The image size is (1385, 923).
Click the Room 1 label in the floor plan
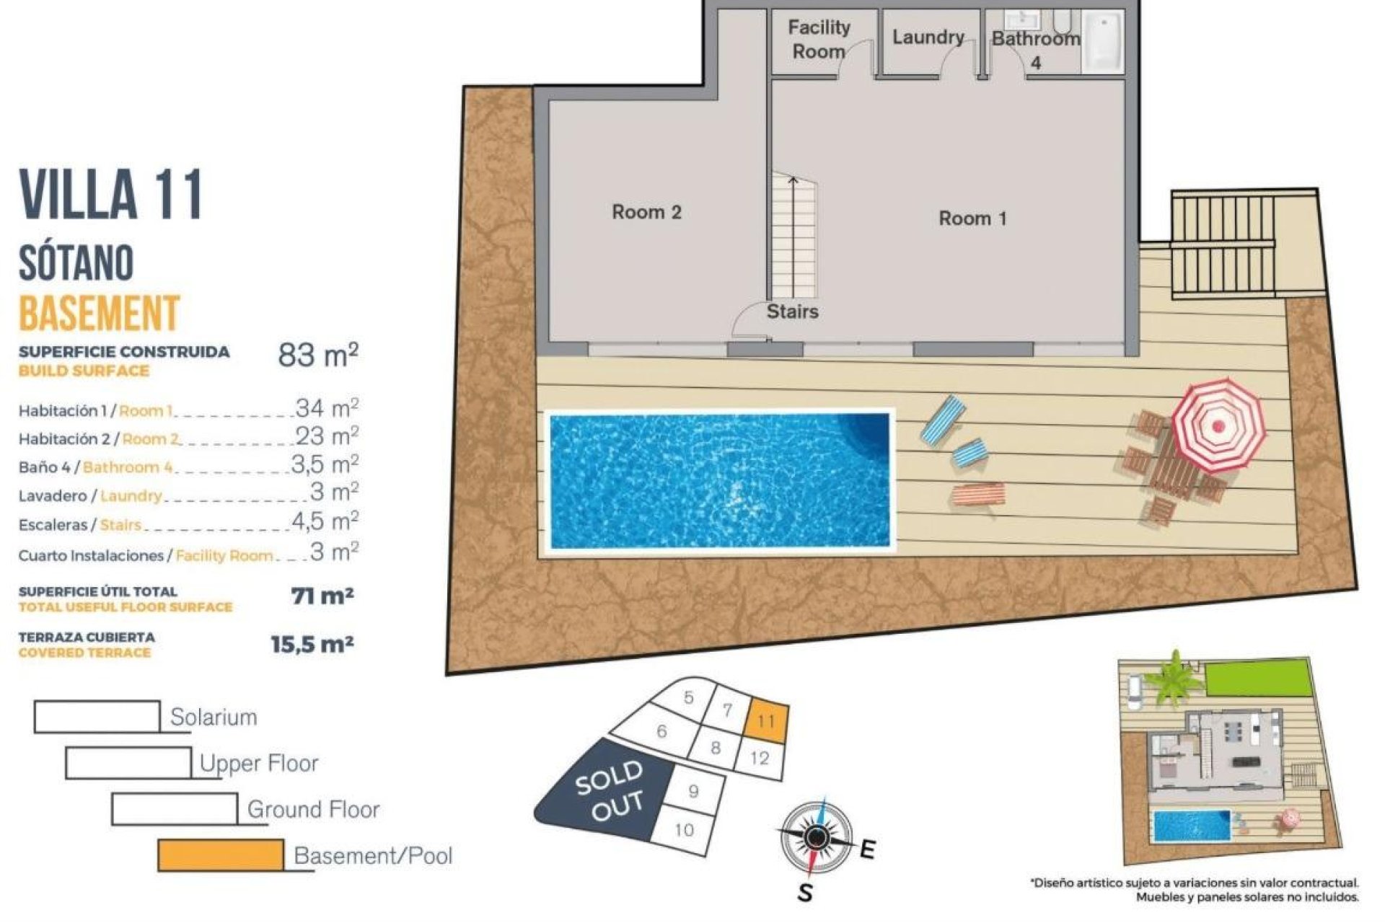point(972,218)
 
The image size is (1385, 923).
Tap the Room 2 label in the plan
point(646,212)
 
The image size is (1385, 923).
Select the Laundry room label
point(928,37)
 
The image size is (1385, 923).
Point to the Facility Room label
point(819,40)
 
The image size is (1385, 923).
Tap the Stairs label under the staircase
point(792,312)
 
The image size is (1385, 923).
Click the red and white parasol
point(1218,425)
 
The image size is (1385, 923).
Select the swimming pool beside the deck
point(719,480)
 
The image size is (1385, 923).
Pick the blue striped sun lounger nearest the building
point(942,418)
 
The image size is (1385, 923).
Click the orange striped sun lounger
point(978,495)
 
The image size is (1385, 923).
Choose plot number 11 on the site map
point(765,721)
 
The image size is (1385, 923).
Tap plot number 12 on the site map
point(759,759)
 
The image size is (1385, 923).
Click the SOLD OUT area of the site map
point(610,792)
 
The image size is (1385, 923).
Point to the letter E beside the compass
point(868,850)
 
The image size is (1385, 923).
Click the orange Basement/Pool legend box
point(221,855)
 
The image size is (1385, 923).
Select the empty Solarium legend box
point(97,717)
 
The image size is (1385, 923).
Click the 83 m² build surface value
point(317,355)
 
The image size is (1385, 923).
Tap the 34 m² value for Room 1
point(327,408)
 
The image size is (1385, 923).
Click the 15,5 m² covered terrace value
point(312,644)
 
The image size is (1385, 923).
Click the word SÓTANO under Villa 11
point(76,262)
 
